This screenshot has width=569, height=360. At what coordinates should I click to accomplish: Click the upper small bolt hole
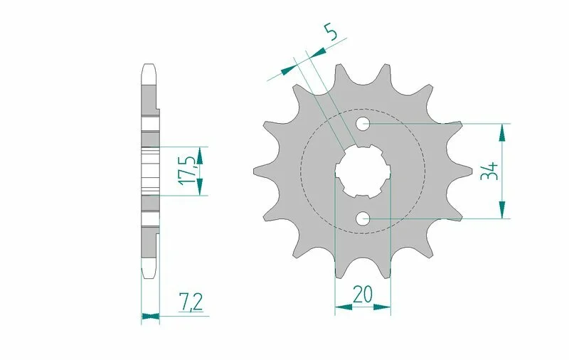point(363,124)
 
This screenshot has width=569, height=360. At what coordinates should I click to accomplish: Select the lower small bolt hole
point(363,218)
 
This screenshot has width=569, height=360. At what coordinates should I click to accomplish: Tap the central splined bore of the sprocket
point(363,171)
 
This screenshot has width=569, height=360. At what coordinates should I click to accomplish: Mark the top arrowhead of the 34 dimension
point(503,131)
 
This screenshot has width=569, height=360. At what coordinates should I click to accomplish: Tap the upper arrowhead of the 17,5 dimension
point(200,154)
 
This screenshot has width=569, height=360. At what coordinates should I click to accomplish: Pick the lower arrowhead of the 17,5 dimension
point(200,187)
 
